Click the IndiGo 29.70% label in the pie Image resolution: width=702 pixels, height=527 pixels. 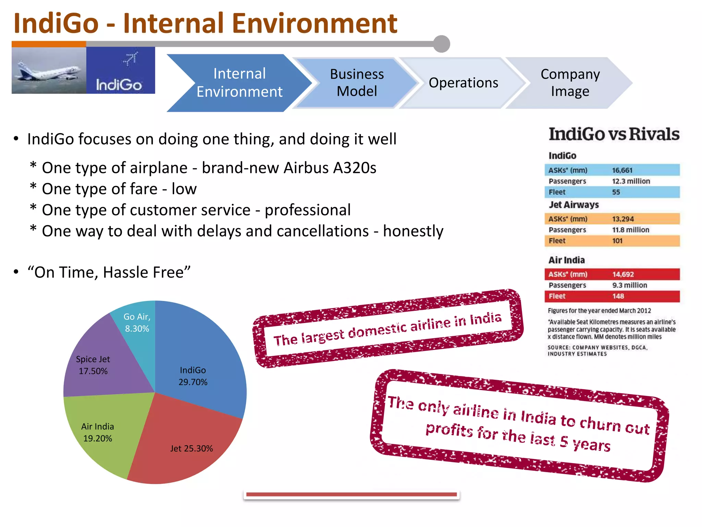point(193,376)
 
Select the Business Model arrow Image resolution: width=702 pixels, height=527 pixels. point(356,83)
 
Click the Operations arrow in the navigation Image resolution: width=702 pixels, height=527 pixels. point(463,83)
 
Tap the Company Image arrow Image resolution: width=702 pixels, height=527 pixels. point(570,83)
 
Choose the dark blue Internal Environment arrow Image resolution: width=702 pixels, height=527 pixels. point(239,83)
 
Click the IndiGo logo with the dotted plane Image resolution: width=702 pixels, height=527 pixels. point(120,70)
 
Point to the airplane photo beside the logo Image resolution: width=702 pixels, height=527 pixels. point(49,70)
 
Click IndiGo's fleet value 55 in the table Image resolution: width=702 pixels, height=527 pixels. point(616,192)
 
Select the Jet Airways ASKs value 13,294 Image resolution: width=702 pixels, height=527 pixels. point(623,219)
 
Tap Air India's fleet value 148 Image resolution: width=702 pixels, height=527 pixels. point(618,296)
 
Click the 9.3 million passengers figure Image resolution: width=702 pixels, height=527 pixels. point(630,285)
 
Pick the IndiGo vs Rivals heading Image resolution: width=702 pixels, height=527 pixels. point(614,134)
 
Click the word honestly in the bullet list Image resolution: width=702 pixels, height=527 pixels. point(413,231)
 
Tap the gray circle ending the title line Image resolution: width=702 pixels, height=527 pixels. point(441,44)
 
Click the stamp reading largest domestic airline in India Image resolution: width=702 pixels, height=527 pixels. point(387,329)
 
